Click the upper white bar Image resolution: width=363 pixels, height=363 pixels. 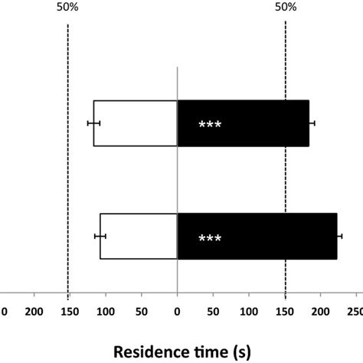136,123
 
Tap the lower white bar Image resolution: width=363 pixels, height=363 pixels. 139,237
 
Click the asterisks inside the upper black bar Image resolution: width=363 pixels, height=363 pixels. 210,125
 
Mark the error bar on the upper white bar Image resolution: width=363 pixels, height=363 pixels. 93,123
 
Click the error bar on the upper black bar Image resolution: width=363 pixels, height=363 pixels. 312,123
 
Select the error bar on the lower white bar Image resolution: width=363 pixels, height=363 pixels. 100,236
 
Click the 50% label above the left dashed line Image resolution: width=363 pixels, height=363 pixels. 67,8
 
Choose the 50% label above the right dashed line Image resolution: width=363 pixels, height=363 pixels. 285,8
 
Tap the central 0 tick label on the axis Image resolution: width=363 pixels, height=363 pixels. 177,312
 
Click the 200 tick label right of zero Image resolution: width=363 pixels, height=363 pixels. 321,312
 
